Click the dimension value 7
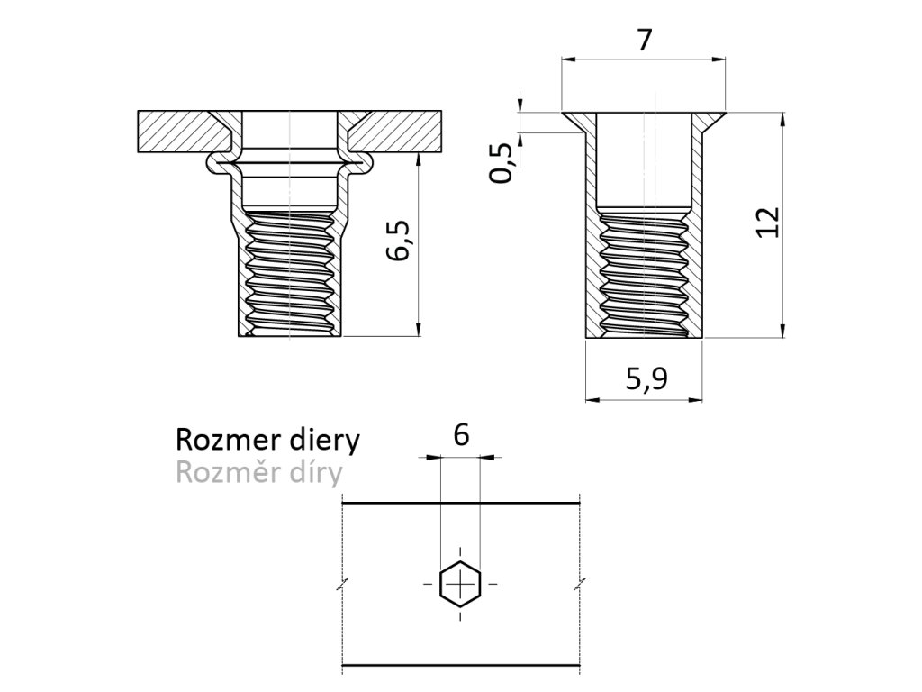[x=643, y=41]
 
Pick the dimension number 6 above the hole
[x=461, y=435]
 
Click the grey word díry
[x=315, y=471]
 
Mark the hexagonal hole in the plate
[x=460, y=584]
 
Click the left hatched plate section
[x=180, y=132]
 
